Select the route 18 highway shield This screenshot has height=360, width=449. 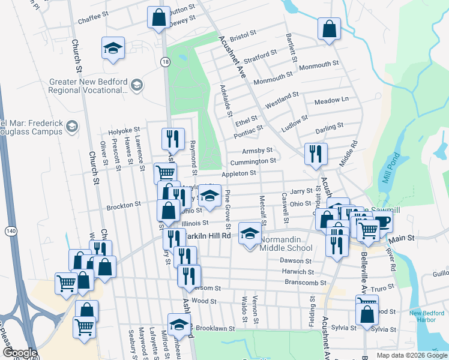pos(165,61)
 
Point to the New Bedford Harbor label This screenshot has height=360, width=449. pos(426,316)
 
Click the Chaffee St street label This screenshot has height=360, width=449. pos(92,19)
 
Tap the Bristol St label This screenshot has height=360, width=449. pos(243,36)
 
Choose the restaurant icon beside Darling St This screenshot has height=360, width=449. pos(315,154)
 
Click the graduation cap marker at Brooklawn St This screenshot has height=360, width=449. pos(179,324)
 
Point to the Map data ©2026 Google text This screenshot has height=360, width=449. pos(411,355)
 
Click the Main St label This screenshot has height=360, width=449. pos(403,239)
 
